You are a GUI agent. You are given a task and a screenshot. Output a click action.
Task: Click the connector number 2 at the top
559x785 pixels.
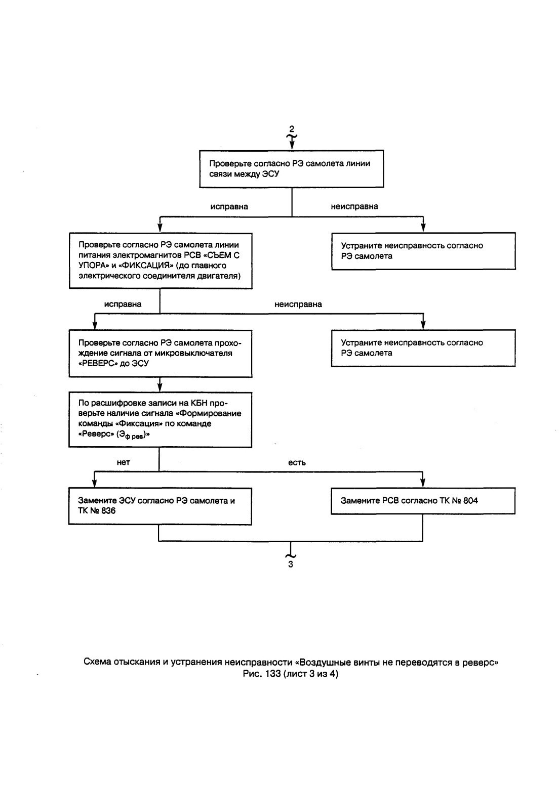point(291,129)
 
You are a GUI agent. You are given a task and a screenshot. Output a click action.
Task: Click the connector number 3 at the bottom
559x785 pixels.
point(291,564)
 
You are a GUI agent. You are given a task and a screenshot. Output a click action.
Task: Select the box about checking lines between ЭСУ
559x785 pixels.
point(291,169)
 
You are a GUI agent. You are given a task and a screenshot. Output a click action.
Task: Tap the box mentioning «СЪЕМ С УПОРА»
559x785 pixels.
point(161,260)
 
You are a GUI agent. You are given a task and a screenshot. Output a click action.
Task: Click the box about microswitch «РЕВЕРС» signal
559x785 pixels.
point(161,353)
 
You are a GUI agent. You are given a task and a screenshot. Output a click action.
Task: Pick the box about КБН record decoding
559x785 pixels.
point(160,419)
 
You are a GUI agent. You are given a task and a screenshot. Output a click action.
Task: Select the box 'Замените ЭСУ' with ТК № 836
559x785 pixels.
point(160,506)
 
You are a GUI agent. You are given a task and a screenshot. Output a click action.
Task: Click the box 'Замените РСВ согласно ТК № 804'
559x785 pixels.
point(423,501)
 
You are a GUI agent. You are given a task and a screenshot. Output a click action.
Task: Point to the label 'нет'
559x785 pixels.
point(123,462)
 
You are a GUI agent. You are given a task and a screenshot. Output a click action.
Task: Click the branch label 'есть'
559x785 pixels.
point(297,463)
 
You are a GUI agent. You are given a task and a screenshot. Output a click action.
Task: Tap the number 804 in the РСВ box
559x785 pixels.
point(470,500)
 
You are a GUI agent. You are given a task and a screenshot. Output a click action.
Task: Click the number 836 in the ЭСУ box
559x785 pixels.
point(108,510)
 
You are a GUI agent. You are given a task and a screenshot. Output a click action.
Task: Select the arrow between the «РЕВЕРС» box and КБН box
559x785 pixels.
point(160,384)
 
